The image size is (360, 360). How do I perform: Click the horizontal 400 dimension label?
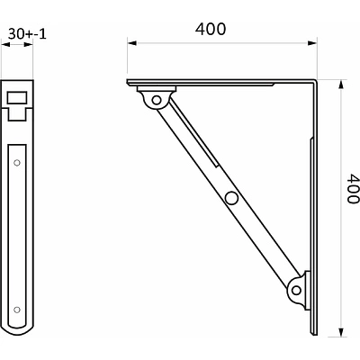coord(211,29)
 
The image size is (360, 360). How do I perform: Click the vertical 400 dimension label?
coord(353,188)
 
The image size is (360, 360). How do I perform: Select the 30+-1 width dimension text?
coord(27,34)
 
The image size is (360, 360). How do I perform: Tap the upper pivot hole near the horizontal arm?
coord(157,100)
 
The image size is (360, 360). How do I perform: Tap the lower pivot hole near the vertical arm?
coord(296,290)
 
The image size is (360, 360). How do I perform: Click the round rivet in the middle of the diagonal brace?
coord(231,198)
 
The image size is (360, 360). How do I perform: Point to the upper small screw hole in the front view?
coord(17,163)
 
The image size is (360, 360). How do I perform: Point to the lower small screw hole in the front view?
coord(17,310)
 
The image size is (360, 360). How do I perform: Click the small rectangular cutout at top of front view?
coord(17,98)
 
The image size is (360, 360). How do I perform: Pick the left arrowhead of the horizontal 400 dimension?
coord(131,43)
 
